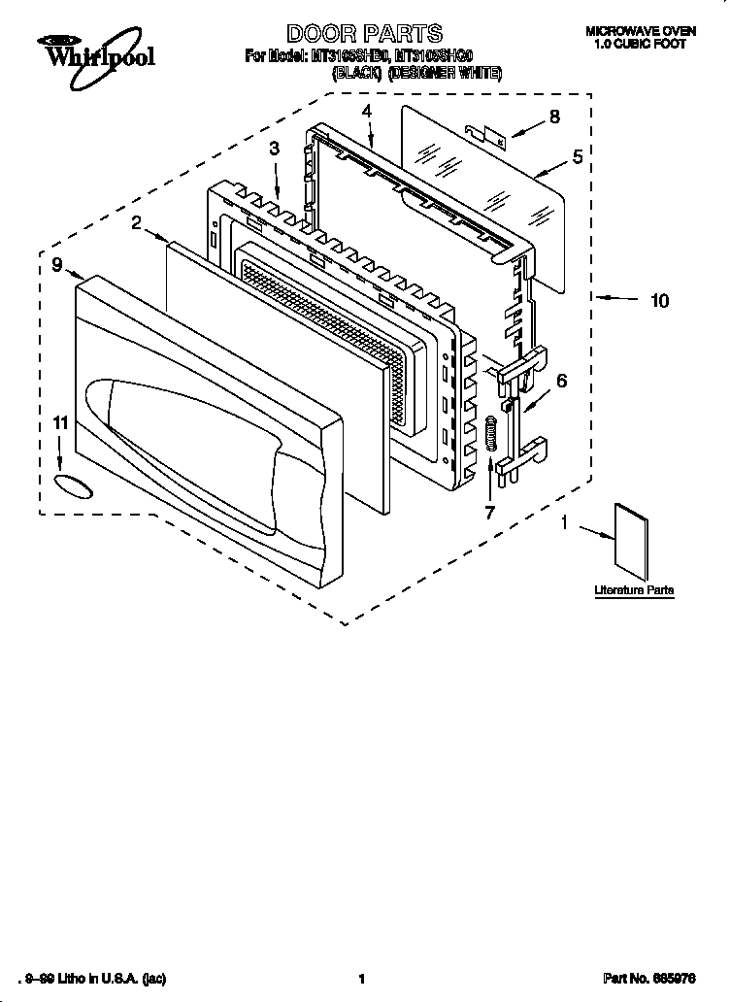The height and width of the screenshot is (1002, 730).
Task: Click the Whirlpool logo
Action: pos(95,50)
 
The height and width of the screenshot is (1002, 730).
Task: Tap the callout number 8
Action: pos(554,117)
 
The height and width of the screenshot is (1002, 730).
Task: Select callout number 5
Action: pos(577,156)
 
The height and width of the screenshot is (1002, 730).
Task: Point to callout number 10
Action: pos(659,301)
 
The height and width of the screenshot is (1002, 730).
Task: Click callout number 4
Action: pos(367,112)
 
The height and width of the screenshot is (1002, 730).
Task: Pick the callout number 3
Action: pos(275,149)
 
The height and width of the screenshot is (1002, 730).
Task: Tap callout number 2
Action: pos(137,223)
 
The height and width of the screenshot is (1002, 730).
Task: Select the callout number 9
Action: pos(57,263)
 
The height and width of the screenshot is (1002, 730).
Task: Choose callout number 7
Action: pos(489,511)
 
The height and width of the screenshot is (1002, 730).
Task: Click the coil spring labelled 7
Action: pos(491,433)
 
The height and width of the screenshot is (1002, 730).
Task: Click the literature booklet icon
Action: pos(630,543)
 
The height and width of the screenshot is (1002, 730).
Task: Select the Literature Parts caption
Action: pos(634,590)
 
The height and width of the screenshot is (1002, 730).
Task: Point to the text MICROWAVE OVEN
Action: pos(641,32)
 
